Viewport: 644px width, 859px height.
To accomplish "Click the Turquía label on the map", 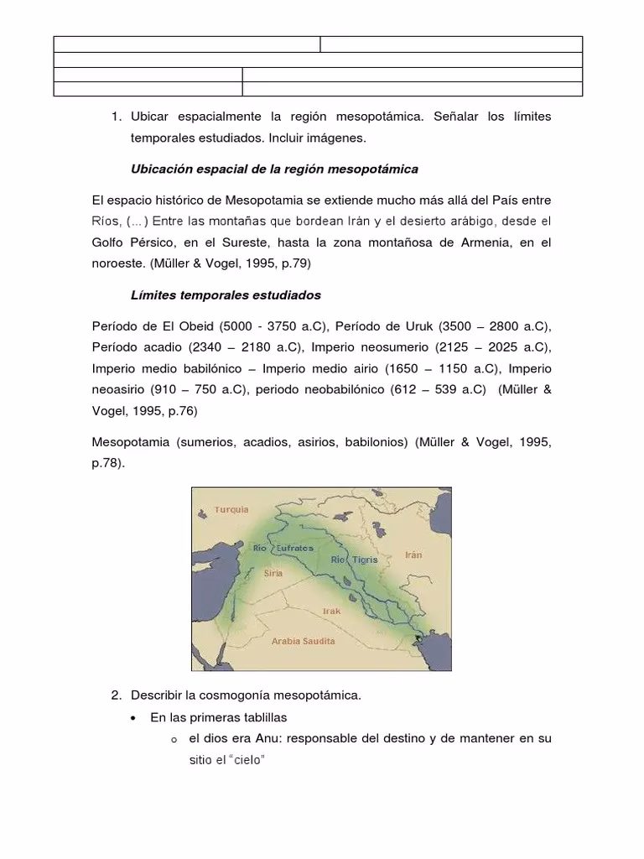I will coord(231,509).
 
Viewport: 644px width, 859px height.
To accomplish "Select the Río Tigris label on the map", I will coord(354,559).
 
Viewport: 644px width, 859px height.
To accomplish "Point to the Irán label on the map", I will coord(413,554).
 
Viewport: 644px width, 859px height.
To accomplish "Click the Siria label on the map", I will coord(273,574).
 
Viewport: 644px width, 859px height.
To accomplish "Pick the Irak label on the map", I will coord(332,611).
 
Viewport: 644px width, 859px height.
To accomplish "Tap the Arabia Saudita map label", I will coord(304,641).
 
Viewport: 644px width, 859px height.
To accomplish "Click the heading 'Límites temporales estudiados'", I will coord(226,295).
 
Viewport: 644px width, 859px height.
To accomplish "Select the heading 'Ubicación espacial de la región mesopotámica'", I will coord(274,169).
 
